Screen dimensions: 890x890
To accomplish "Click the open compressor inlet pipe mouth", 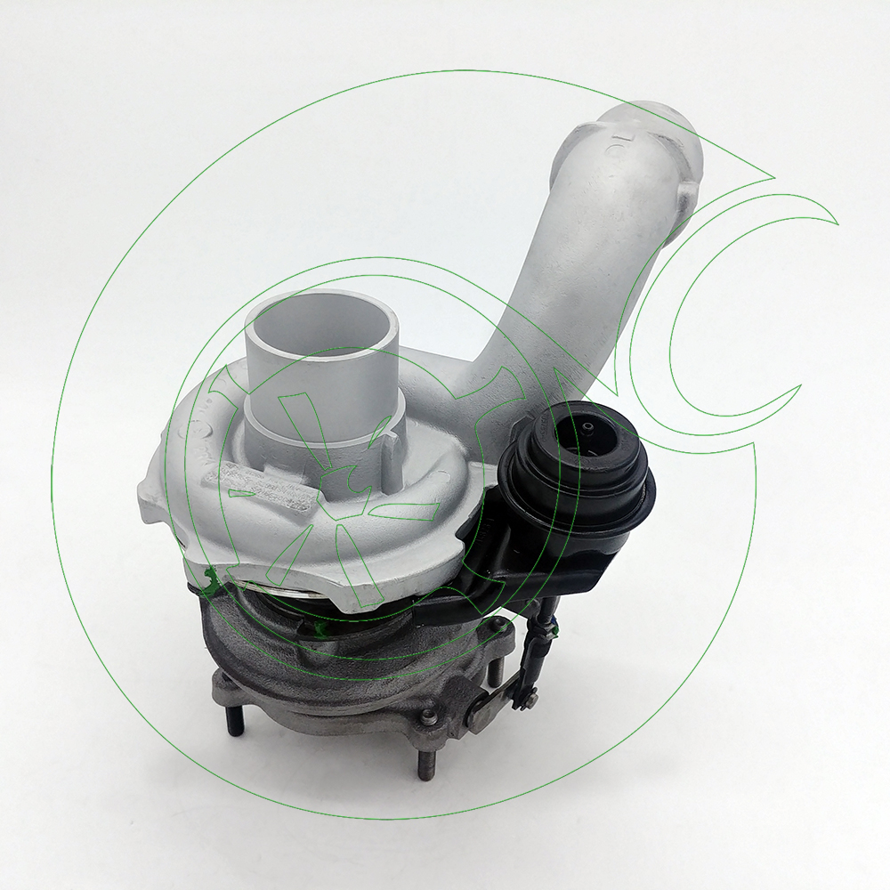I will click(319, 320).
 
